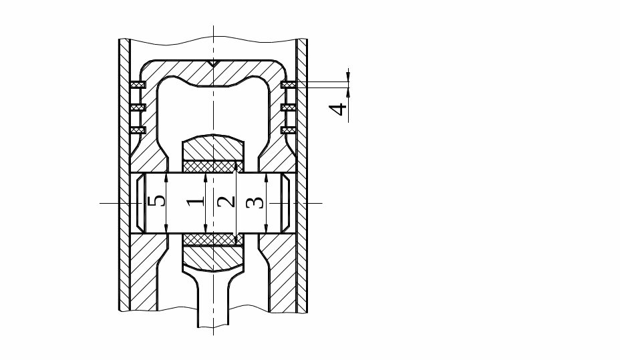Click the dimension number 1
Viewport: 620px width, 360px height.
(x=196, y=202)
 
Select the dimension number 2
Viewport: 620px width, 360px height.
(x=226, y=202)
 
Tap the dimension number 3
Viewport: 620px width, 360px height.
(x=255, y=203)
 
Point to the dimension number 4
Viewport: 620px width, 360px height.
(x=339, y=109)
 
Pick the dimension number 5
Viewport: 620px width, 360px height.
(x=156, y=201)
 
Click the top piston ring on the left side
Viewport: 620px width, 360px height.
(x=138, y=85)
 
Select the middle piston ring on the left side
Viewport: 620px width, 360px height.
(x=138, y=107)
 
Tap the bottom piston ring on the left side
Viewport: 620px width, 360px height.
(x=138, y=130)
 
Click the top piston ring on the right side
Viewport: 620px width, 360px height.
(x=289, y=85)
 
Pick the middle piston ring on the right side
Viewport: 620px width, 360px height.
(x=289, y=107)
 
